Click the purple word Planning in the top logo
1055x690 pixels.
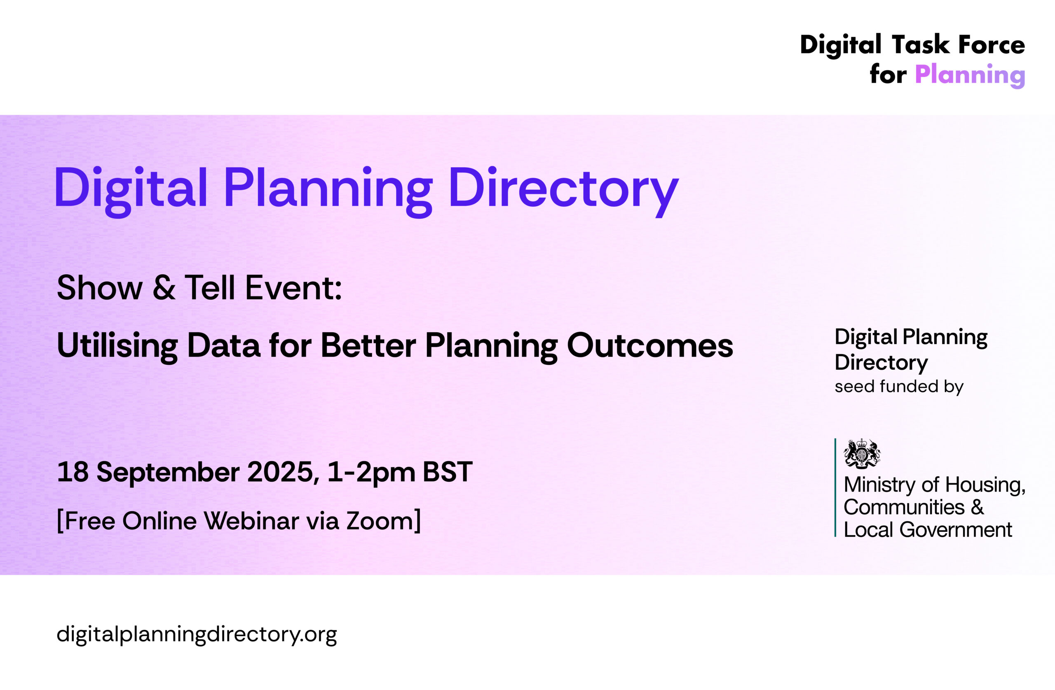[970, 75]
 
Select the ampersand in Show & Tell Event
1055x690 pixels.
[164, 288]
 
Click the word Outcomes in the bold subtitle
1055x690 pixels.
[650, 345]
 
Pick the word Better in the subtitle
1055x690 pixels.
[368, 345]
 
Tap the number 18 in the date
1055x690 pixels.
[73, 472]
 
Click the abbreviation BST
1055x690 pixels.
[447, 472]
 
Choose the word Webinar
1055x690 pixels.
[251, 521]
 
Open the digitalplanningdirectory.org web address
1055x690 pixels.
[197, 635]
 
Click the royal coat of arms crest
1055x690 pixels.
[862, 454]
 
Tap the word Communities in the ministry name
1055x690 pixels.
[904, 508]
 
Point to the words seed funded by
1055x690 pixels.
[899, 387]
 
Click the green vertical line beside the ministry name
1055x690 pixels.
[836, 487]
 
